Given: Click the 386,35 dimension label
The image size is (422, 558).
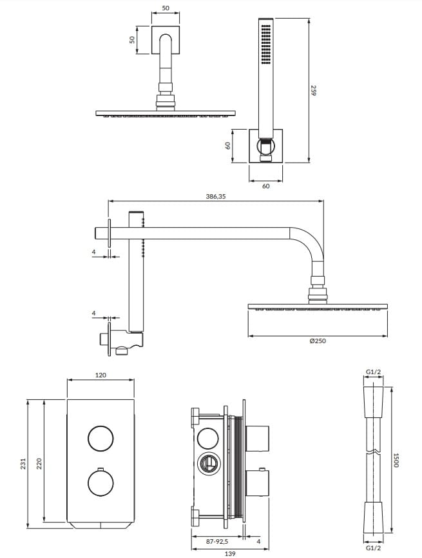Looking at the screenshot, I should [x=215, y=196].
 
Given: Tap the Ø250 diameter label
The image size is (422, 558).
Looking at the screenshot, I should [x=318, y=341].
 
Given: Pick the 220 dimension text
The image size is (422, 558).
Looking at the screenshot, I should [x=39, y=463].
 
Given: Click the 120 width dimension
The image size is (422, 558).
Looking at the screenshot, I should [x=101, y=375].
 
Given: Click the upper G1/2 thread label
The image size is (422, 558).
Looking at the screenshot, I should [x=373, y=372].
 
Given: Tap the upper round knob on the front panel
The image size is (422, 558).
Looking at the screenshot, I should [x=101, y=438].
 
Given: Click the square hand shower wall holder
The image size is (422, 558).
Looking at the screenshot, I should [x=265, y=146].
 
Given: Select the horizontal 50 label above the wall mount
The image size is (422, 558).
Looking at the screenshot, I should [x=166, y=8].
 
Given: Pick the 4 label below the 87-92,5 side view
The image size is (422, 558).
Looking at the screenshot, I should [x=258, y=541].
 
